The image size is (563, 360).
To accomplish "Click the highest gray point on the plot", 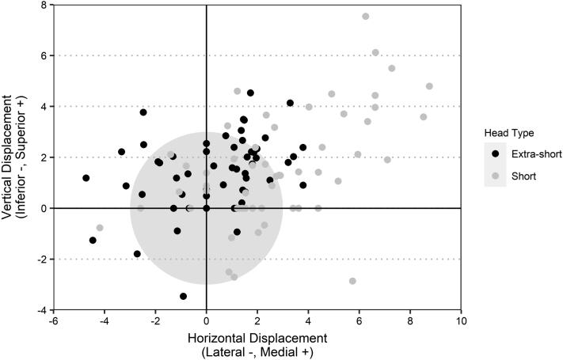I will coord(366,16).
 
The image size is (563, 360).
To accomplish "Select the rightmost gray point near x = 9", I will coord(429,86).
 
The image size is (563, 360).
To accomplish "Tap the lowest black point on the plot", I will coord(184,296).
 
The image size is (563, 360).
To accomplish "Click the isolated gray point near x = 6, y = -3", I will coord(352,281).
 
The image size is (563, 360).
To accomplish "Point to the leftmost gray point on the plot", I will coord(100,228).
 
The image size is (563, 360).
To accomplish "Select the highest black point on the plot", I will coord(250,93).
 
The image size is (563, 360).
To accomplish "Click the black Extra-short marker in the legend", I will coord(496,154).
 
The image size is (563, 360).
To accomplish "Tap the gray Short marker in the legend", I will coord(496,176).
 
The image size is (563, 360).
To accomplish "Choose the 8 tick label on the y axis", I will coord(43,5).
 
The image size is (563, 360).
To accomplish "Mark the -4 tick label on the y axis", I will coord(40,310).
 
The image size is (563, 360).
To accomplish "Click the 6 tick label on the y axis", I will coord(43,55).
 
